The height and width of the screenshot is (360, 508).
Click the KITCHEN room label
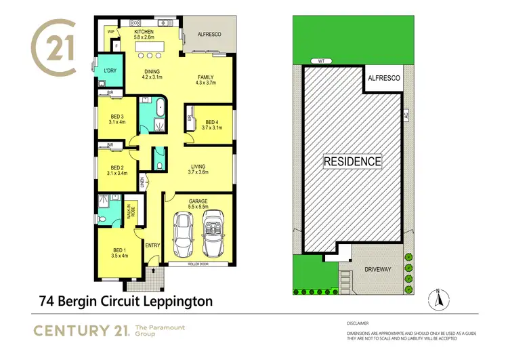[144, 32]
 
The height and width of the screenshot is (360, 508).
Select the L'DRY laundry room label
[108, 71]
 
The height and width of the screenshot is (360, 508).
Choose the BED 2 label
[117, 167]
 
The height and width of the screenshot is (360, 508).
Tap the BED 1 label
[119, 252]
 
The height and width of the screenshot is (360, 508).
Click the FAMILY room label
[205, 77]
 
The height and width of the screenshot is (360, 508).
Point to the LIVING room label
[198, 167]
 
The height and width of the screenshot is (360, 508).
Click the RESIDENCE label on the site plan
[352, 161]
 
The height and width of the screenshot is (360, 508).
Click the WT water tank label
[318, 61]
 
